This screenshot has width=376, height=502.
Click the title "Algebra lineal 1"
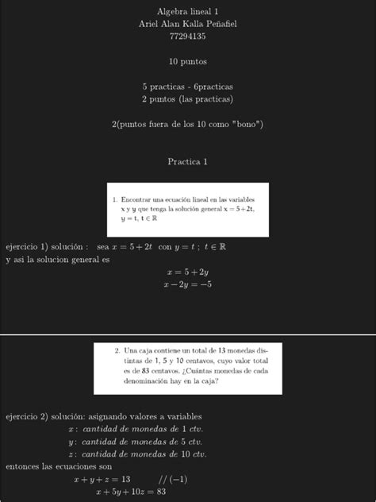click(187, 12)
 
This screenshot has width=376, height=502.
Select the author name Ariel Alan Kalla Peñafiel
click(187, 24)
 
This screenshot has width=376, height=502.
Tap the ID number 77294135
click(187, 37)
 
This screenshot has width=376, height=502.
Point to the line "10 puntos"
click(187, 61)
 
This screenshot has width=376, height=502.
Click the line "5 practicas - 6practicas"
click(187, 86)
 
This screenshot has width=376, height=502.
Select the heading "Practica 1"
click(187, 161)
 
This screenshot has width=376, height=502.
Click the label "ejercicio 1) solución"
click(46, 247)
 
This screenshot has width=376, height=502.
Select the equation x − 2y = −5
click(188, 284)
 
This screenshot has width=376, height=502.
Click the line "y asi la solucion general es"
click(57, 259)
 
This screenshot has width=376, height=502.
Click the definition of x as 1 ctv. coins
click(137, 429)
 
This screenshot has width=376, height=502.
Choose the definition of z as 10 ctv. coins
click(137, 454)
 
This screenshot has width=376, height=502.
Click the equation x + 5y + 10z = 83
click(131, 492)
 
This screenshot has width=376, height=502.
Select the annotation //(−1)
click(172, 480)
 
